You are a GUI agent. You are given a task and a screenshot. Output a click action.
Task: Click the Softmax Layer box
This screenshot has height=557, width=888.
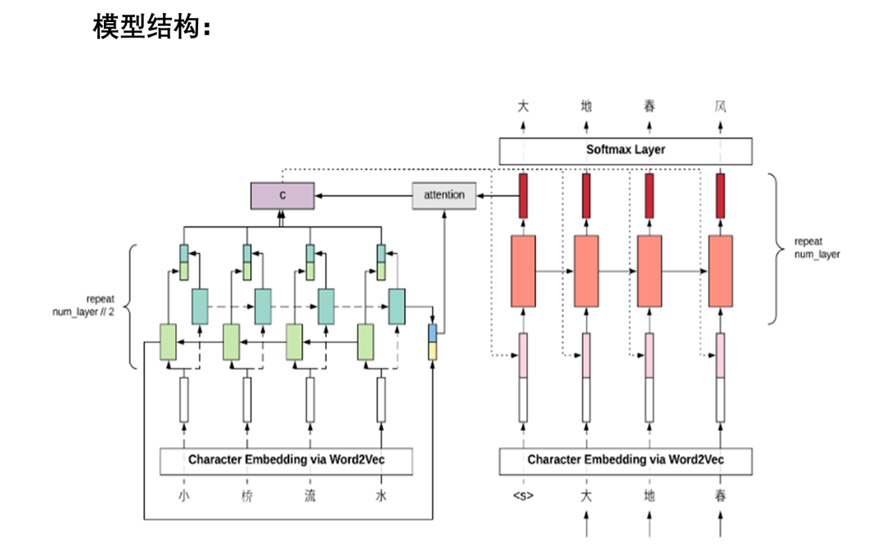pyautogui.click(x=625, y=150)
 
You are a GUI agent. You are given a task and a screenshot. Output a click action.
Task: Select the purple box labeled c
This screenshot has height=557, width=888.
pyautogui.click(x=282, y=195)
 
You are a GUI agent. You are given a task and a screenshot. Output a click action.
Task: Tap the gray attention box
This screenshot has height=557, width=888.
pyautogui.click(x=444, y=195)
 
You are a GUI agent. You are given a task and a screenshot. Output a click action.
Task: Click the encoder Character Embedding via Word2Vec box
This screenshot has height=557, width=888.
pyautogui.click(x=286, y=460)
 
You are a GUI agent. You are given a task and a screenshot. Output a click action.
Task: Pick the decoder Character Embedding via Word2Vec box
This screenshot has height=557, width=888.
pyautogui.click(x=625, y=460)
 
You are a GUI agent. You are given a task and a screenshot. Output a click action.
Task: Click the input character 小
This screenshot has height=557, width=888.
pyautogui.click(x=184, y=496)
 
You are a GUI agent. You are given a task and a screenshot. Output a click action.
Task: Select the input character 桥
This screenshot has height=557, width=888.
pyautogui.click(x=247, y=496)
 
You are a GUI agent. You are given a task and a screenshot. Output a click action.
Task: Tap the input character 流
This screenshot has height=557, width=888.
pyautogui.click(x=310, y=496)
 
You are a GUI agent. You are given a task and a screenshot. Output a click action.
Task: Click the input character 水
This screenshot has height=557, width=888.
pyautogui.click(x=381, y=496)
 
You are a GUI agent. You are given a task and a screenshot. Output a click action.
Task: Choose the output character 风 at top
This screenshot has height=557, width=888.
pyautogui.click(x=720, y=106)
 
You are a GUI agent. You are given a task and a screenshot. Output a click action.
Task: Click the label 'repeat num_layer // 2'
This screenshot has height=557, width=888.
pyautogui.click(x=84, y=305)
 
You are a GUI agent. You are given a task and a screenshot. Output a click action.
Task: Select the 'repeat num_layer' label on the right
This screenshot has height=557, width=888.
pyautogui.click(x=817, y=248)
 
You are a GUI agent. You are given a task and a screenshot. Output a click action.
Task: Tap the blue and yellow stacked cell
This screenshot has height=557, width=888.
pyautogui.click(x=433, y=342)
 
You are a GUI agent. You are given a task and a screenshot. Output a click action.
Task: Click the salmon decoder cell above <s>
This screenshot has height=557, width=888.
pyautogui.click(x=523, y=271)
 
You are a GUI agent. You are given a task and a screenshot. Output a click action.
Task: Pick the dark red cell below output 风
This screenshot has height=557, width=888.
pyautogui.click(x=720, y=196)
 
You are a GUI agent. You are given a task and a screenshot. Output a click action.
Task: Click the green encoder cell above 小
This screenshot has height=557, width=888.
pyautogui.click(x=168, y=342)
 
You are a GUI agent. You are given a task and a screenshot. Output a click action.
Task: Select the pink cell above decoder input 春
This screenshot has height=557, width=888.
pyautogui.click(x=720, y=355)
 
